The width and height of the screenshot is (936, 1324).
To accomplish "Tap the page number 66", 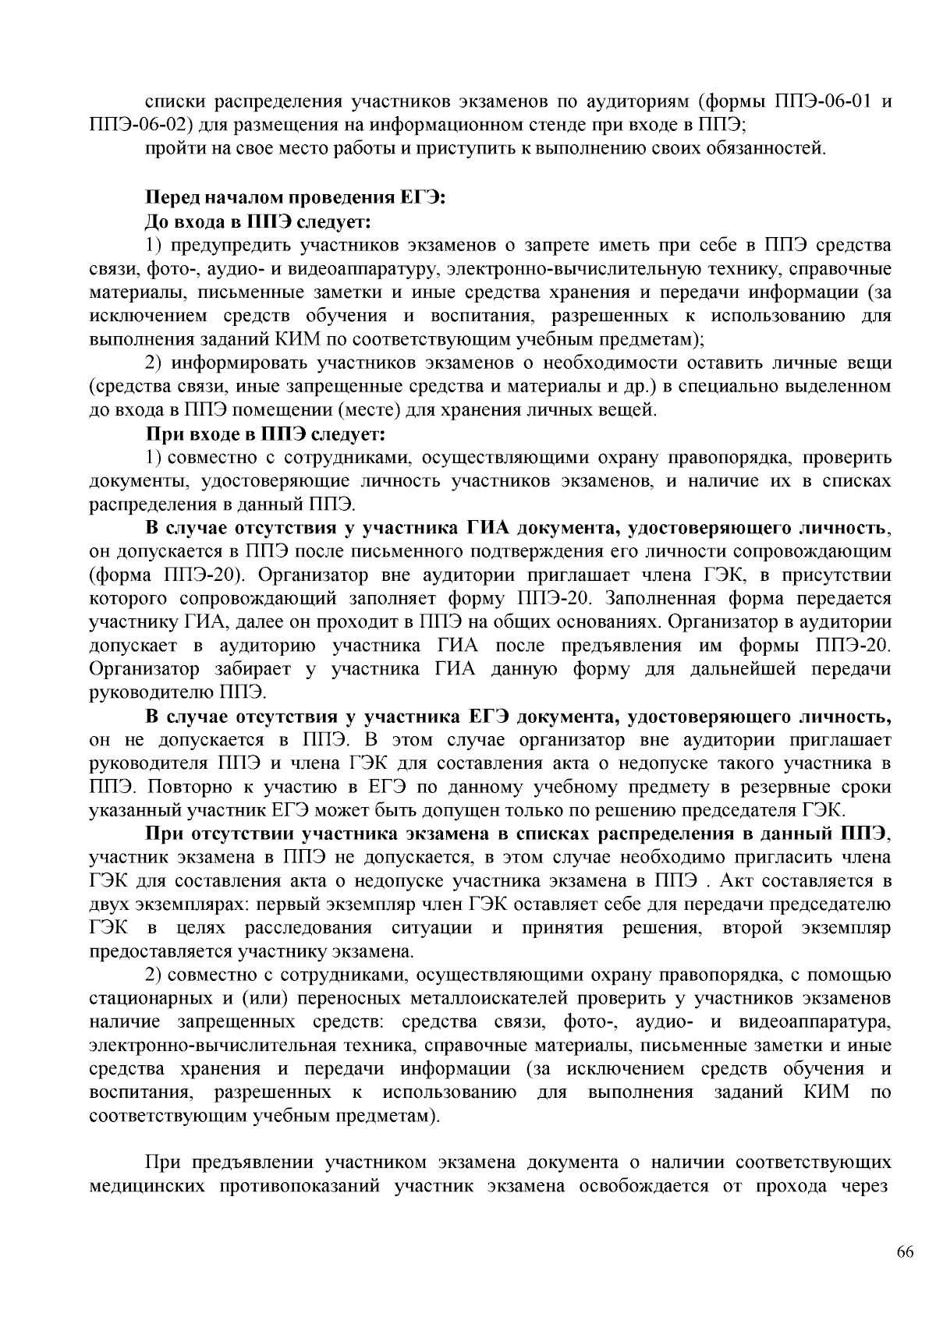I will point(905,1252).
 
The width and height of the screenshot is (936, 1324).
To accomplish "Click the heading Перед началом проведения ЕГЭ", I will point(296,198).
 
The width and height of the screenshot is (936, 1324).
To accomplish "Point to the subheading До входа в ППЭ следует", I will point(258,222).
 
